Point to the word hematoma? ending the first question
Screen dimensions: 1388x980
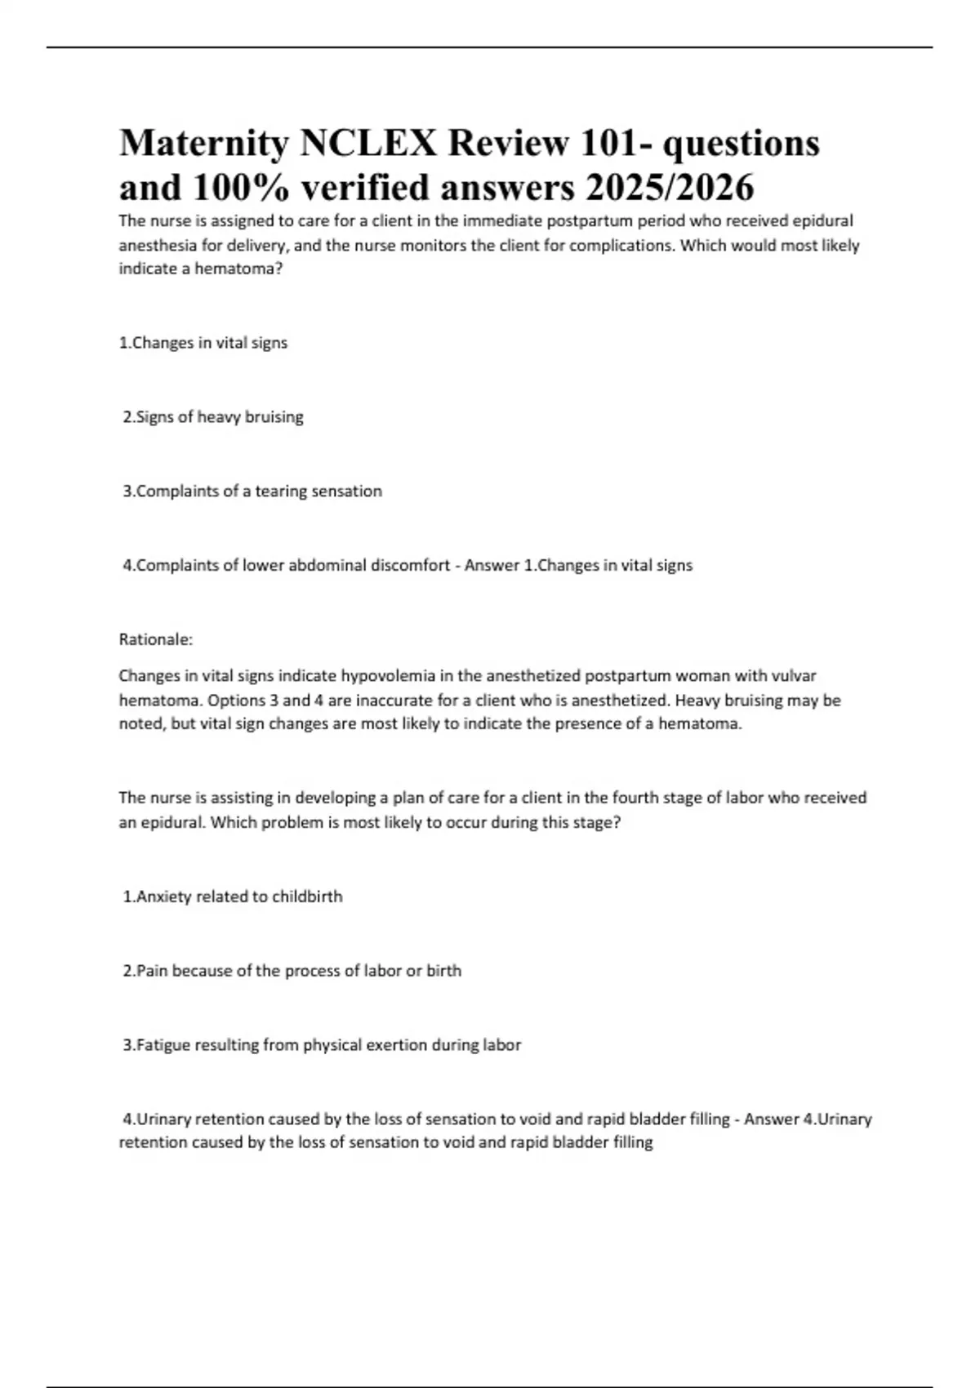[x=238, y=269]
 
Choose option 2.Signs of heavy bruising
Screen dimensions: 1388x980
[x=213, y=417]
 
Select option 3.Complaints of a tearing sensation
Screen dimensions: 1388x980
[x=252, y=492]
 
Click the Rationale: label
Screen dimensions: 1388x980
[x=156, y=639]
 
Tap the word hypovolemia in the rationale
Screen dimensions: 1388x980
[x=388, y=676]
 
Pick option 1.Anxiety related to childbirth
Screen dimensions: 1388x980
[x=233, y=896]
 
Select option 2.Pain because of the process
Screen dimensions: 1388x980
[x=292, y=971]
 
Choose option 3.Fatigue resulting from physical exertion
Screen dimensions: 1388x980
[x=322, y=1045]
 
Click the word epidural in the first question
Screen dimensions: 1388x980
[x=822, y=221]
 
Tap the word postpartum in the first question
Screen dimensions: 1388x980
[x=589, y=221]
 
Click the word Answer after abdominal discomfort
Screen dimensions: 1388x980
[x=492, y=566]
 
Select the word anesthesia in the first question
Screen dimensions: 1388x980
[x=157, y=246]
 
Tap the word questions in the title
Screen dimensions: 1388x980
[x=741, y=145]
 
